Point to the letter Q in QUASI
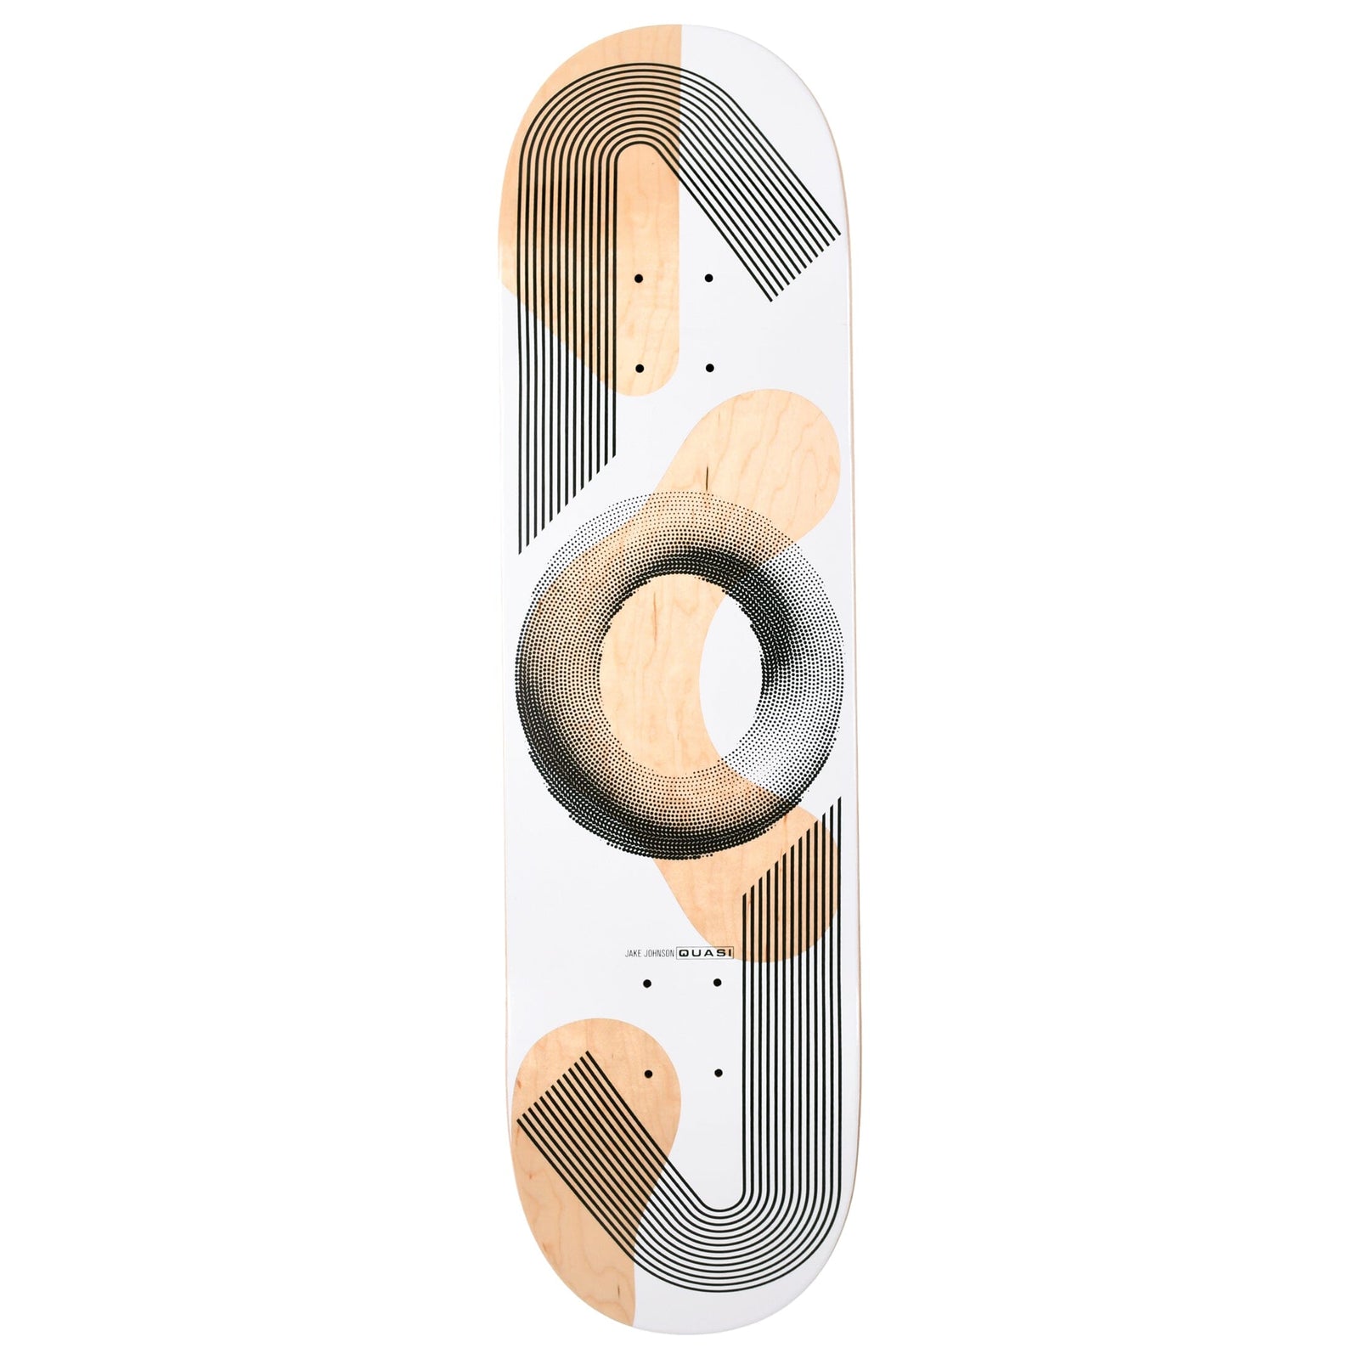[x=684, y=955]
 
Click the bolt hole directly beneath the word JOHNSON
[x=647, y=984]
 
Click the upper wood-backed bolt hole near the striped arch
[x=639, y=278]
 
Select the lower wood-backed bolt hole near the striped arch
[x=639, y=369]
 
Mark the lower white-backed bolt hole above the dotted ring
[x=709, y=369]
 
